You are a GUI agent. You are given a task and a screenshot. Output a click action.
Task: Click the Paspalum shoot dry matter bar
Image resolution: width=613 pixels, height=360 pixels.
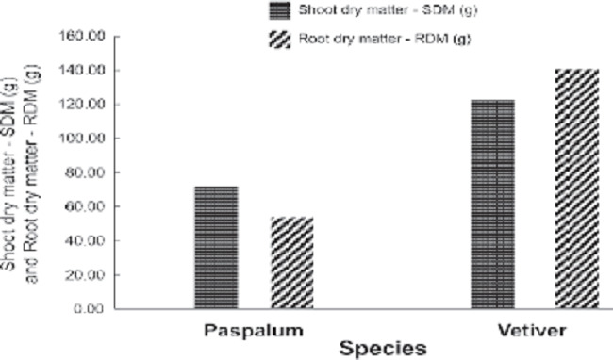click(x=216, y=247)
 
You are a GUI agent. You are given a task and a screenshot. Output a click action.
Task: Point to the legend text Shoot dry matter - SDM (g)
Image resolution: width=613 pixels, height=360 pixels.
click(x=371, y=11)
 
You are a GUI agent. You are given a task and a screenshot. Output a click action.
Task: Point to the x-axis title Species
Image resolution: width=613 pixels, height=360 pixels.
click(x=383, y=346)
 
